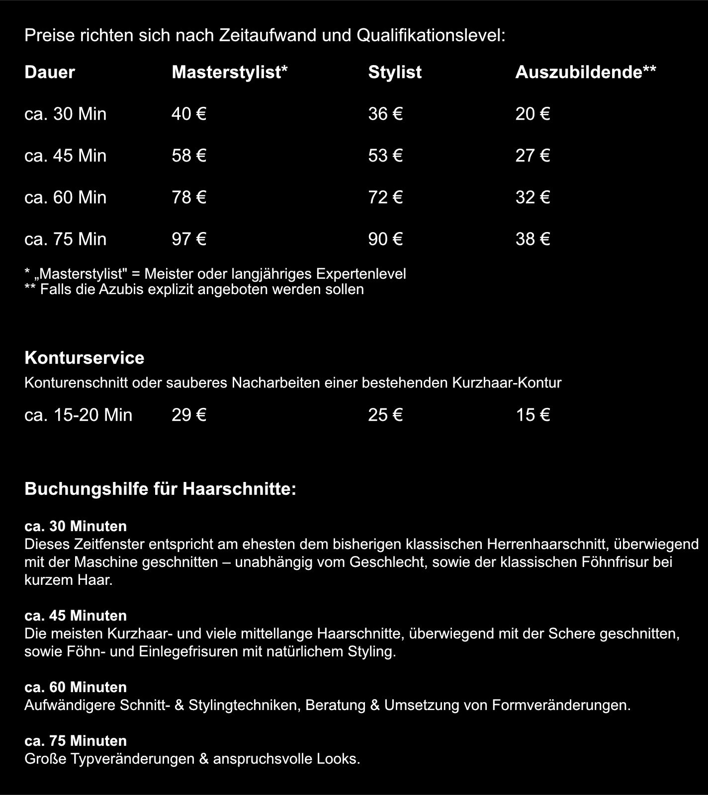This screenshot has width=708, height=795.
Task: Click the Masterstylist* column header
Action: tap(230, 73)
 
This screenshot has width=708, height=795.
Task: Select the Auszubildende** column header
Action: tap(585, 73)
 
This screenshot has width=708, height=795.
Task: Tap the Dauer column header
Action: tap(50, 73)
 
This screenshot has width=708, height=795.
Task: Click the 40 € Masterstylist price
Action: tap(188, 114)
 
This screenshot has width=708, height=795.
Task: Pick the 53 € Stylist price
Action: tap(385, 156)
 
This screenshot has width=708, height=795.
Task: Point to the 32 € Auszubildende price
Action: tap(532, 198)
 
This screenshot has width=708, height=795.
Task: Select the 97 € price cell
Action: tap(188, 239)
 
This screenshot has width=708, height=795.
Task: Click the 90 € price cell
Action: tap(385, 239)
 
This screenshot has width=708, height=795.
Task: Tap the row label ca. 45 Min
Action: tap(65, 156)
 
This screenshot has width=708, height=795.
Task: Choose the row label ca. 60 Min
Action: tap(65, 198)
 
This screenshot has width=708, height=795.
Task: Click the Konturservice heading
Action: tap(85, 358)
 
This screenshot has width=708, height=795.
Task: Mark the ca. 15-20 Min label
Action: tap(78, 415)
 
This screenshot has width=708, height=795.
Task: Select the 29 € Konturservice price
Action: tap(188, 415)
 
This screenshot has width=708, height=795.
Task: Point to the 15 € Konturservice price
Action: tap(532, 415)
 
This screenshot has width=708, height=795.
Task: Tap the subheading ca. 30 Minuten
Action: tap(76, 526)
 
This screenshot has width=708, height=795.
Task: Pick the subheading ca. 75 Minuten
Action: tap(76, 741)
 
